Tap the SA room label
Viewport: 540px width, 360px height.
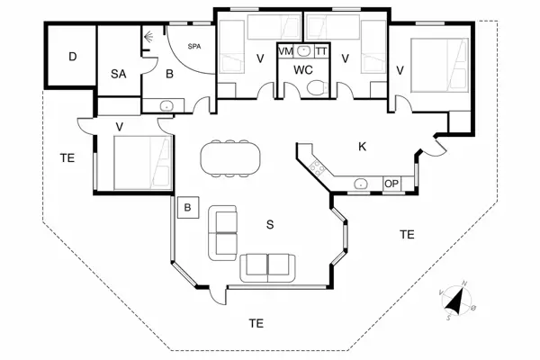(118, 75)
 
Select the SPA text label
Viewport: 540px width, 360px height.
(193, 46)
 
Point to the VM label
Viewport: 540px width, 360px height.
(286, 52)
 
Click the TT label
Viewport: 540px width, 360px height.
(322, 52)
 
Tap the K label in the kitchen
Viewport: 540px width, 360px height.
(363, 147)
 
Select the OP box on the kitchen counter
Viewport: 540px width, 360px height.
(391, 184)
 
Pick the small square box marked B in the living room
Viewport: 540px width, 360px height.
(187, 208)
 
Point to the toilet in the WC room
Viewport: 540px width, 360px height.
(314, 87)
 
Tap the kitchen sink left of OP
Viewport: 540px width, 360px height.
(360, 183)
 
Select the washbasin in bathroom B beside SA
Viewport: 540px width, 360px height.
(166, 106)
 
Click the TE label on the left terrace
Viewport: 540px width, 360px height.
(67, 157)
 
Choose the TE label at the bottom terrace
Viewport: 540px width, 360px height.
(256, 322)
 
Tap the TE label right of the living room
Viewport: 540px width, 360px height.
(407, 234)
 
